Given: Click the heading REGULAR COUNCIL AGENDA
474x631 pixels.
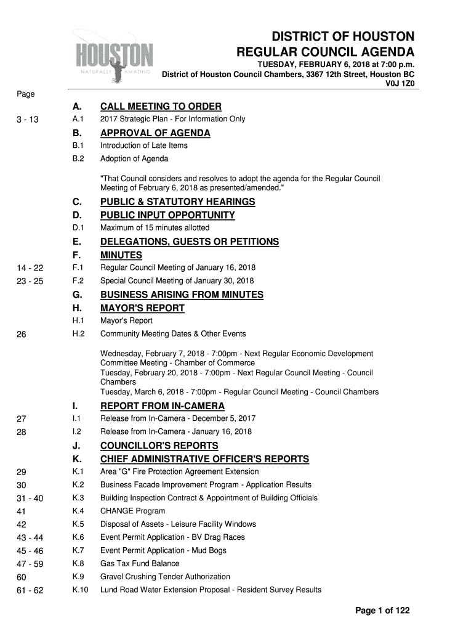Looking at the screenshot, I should point(326,52).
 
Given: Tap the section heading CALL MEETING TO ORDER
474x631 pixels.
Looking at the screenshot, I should point(161,107).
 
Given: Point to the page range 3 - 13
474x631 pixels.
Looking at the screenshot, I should point(28,120).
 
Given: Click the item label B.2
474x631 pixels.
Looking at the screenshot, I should point(78,159).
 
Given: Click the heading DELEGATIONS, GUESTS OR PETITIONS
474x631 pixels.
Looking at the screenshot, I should point(190,242).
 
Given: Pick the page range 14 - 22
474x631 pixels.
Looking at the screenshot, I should point(30,268).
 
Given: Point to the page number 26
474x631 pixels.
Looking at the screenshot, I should point(22,335).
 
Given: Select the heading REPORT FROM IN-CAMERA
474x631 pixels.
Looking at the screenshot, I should point(163,406).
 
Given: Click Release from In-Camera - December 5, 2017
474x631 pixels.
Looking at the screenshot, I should point(178,419).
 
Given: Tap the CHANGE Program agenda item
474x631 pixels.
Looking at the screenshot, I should point(133,511).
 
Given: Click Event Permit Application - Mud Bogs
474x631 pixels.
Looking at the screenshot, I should point(163,550).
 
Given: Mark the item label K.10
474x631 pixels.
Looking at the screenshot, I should point(81,590).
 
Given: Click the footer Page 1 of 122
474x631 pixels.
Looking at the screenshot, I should point(382,611).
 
